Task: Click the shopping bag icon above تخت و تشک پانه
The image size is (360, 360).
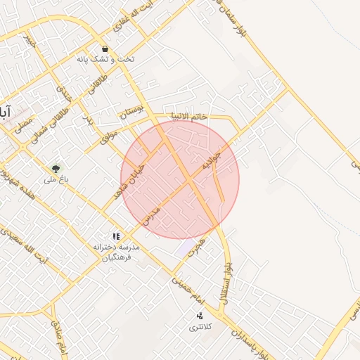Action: tap(105, 49)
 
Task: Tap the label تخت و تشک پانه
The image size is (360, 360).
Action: tap(105, 60)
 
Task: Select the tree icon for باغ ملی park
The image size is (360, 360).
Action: tap(55, 169)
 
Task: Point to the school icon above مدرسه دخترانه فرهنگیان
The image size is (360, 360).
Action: tap(116, 237)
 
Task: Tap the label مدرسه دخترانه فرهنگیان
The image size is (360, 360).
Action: tap(117, 252)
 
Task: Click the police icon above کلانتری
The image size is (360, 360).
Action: tap(200, 316)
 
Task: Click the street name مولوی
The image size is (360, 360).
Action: tap(108, 133)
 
